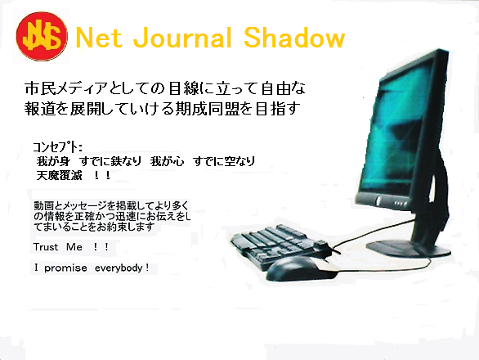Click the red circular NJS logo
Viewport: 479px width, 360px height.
point(42,36)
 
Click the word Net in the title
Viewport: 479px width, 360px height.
point(98,38)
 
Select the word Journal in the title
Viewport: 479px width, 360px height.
point(182,38)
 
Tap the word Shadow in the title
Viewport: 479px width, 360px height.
point(294,38)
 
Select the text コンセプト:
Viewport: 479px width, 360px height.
point(57,147)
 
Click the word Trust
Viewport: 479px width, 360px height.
point(46,247)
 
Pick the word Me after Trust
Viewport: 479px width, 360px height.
point(74,247)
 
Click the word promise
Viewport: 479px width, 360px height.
point(65,268)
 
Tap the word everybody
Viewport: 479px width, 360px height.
point(119,268)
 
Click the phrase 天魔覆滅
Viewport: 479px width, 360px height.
point(60,176)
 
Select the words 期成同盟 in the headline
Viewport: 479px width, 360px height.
point(207,109)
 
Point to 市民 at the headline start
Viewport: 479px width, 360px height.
point(41,88)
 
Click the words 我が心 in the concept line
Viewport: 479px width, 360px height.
point(167,161)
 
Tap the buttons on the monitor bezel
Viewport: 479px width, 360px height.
point(401,203)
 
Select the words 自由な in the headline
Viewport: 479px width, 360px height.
point(284,88)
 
